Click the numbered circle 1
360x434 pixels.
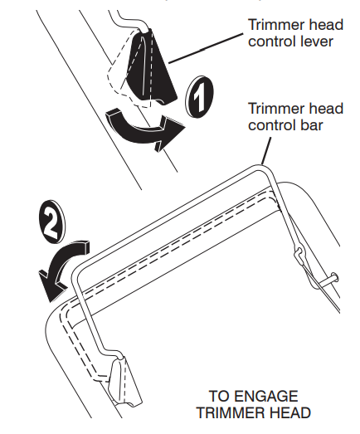(200, 97)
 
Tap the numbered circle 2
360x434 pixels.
(52, 222)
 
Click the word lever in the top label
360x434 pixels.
(314, 41)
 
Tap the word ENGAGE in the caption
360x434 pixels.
(266, 396)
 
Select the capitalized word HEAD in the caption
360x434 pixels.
(286, 413)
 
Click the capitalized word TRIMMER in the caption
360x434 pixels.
(227, 413)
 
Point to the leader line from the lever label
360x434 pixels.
(207, 48)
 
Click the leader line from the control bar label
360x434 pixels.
(265, 150)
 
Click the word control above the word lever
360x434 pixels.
(270, 41)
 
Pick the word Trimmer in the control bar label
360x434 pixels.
(270, 108)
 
